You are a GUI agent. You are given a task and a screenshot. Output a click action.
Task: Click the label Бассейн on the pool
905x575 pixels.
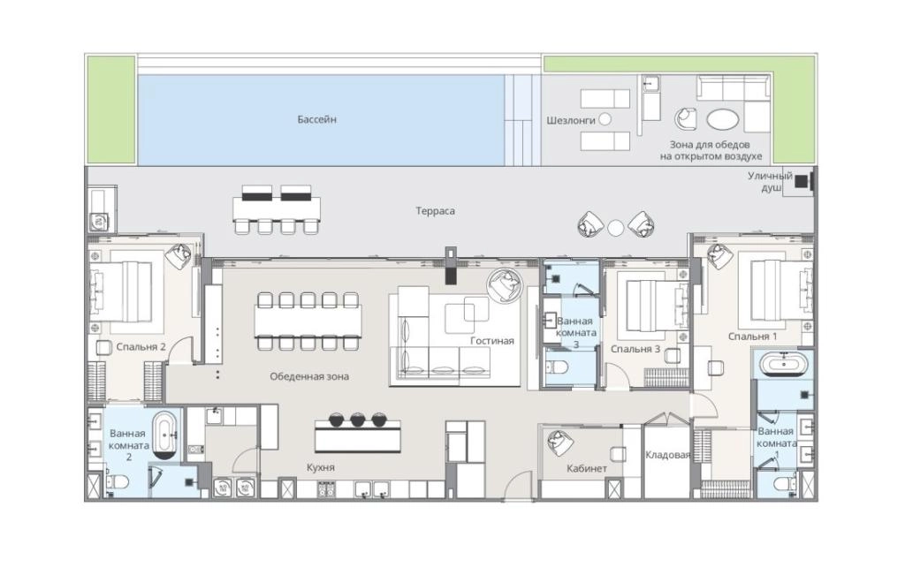point(317,119)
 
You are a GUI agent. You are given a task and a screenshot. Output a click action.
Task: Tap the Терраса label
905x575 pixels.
point(436,211)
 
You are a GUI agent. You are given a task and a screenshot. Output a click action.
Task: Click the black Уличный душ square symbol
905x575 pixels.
point(802,181)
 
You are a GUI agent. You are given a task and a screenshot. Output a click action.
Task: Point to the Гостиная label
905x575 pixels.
point(492,340)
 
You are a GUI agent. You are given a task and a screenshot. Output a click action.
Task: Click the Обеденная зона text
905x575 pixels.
point(309,376)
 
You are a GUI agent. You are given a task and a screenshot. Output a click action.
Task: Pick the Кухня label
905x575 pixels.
point(321,467)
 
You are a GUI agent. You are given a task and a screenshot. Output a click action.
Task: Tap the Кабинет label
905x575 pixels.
point(587,468)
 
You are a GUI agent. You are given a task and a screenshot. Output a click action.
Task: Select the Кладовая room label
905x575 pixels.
point(667,456)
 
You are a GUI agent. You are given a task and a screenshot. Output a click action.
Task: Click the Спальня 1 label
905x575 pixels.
point(753,337)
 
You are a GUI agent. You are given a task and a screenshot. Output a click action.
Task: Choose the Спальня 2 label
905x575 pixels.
point(141,347)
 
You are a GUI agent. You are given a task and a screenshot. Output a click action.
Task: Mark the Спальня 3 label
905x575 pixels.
point(635,350)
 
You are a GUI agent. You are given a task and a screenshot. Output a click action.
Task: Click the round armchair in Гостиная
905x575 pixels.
point(506,285)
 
